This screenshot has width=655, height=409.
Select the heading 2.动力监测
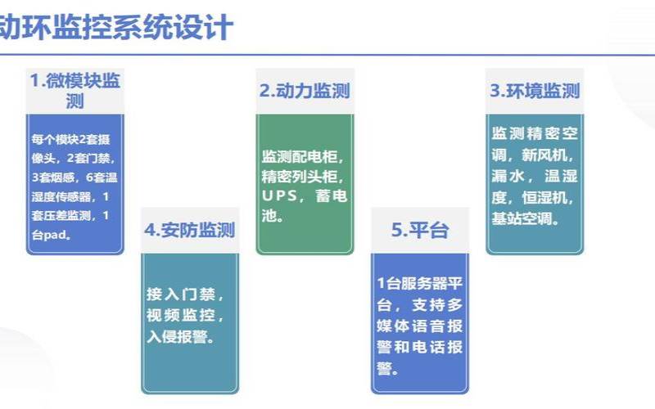[x=305, y=91]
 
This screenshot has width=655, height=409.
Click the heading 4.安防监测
[x=189, y=230]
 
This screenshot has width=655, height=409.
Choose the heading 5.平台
[x=420, y=230]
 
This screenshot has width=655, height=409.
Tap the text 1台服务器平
[x=420, y=284]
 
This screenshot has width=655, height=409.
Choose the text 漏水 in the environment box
[x=508, y=176]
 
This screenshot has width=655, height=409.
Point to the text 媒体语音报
[x=420, y=326]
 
